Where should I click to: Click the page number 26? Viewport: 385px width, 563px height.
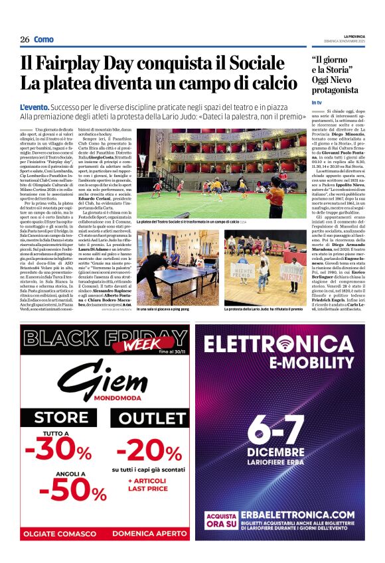(x=25, y=40)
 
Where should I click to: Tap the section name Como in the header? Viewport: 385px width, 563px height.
(x=44, y=40)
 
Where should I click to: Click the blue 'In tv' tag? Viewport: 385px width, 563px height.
(x=317, y=103)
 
